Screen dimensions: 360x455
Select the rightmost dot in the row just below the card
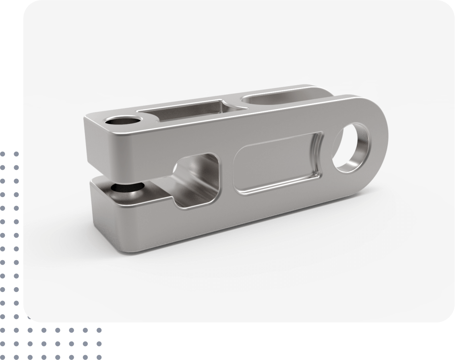pos(98,330)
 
